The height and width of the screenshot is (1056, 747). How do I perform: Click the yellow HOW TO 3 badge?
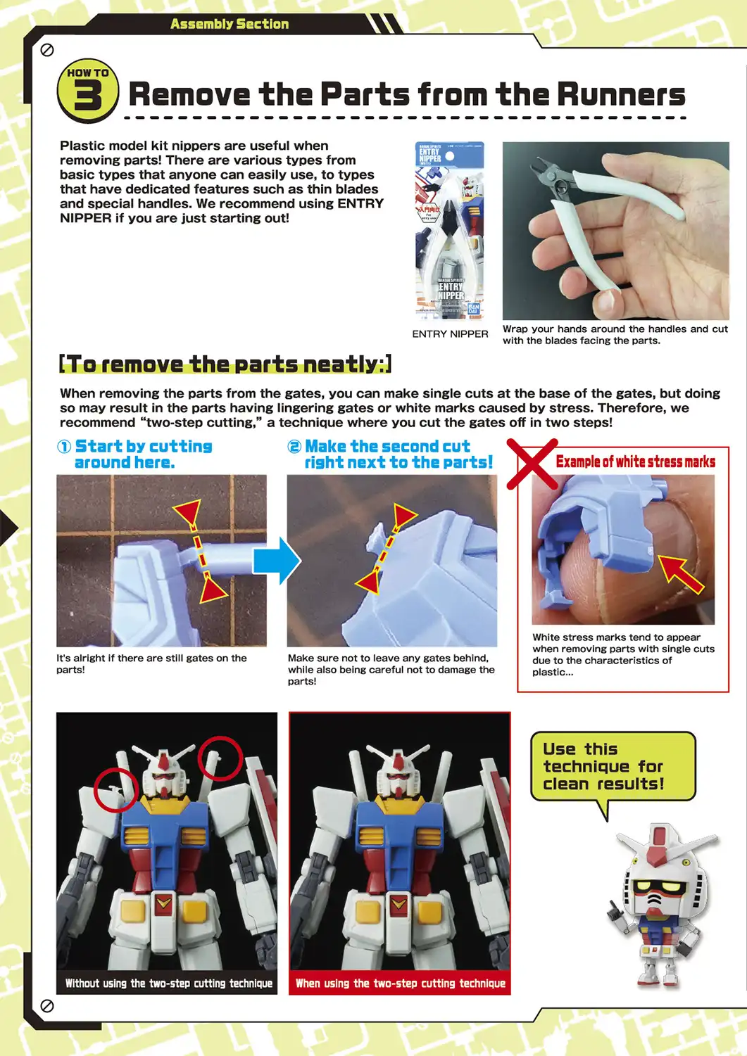click(87, 91)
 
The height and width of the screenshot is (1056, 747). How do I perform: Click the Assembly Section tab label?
click(229, 24)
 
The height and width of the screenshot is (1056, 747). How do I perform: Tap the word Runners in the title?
click(620, 94)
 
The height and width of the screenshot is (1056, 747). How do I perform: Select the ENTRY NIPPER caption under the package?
click(450, 333)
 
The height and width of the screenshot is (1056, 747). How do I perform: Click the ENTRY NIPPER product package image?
click(450, 230)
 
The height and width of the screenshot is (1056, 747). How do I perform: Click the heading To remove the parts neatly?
click(225, 364)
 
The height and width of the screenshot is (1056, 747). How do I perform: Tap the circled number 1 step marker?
click(64, 447)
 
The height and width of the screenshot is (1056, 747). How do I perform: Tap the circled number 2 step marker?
click(294, 447)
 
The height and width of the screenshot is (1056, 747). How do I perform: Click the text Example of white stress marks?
click(635, 462)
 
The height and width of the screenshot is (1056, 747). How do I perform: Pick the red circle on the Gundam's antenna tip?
click(220, 758)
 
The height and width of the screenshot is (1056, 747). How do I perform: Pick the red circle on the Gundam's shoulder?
click(116, 789)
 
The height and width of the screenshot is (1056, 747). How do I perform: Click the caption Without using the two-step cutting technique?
click(168, 983)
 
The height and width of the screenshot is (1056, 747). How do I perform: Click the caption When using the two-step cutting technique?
click(400, 983)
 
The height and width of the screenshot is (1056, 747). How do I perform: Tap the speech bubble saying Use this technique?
click(612, 766)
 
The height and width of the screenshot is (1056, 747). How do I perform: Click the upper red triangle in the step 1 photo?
click(188, 512)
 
